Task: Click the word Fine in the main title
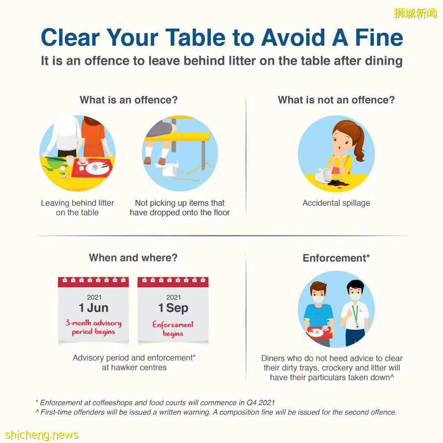point(379,37)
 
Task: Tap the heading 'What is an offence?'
point(128,100)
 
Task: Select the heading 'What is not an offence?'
point(336,100)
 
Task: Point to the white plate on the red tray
point(97,168)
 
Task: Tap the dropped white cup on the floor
point(169,171)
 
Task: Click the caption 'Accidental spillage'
point(336,203)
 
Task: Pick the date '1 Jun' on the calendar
point(94,308)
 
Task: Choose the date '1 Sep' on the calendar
point(173,308)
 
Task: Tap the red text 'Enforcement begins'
point(173,329)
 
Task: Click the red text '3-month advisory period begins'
point(94,327)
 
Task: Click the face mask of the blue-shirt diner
point(318,299)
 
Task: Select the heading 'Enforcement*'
point(336,258)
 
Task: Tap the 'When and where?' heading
point(133,258)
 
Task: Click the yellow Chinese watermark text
point(415,13)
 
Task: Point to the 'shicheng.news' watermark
point(42,435)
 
